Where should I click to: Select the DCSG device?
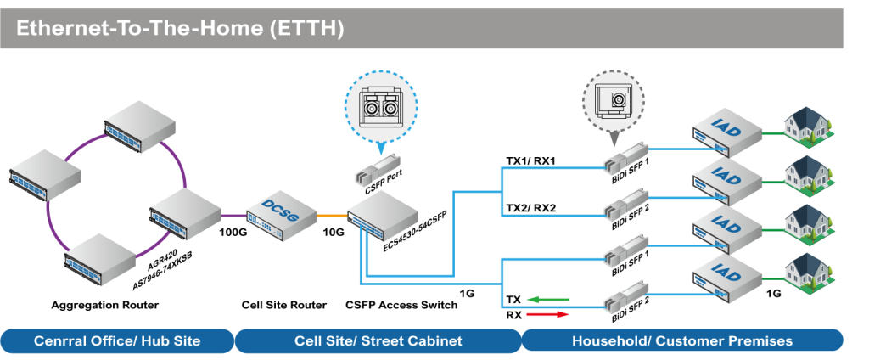281,212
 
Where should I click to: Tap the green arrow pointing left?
547,299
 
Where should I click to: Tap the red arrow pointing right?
548,314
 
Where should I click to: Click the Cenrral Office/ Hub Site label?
117,340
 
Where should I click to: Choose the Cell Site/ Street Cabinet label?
378,340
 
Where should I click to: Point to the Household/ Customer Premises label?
682,340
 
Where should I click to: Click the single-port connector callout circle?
613,100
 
